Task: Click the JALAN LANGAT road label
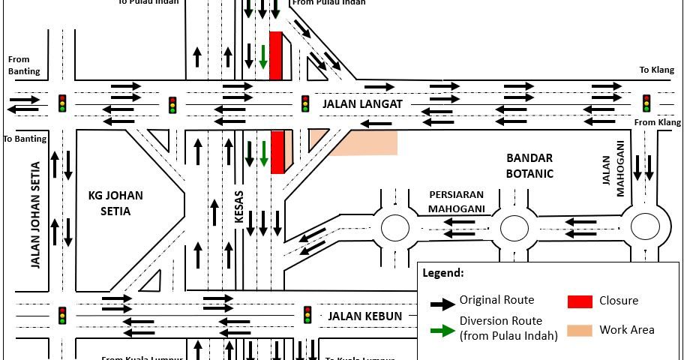[363, 103]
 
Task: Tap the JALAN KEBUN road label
[365, 316]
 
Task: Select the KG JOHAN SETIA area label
[115, 203]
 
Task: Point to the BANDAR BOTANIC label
[529, 166]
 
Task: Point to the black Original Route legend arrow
[442, 303]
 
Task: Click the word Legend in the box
[443, 273]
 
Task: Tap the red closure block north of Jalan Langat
[276, 55]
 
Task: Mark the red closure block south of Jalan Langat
[277, 151]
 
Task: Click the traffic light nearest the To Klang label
[646, 103]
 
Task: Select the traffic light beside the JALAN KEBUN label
[307, 315]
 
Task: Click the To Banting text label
[24, 139]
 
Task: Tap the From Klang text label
[658, 122]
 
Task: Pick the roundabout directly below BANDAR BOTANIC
[514, 227]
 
